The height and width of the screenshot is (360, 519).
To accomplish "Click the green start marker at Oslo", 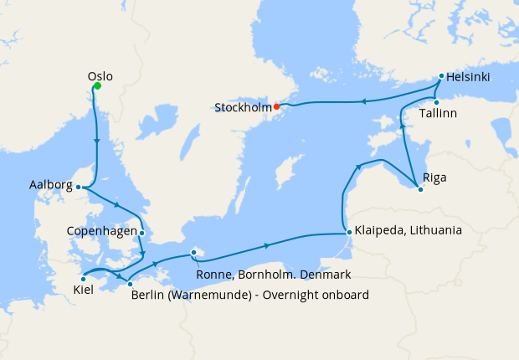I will click(97, 85).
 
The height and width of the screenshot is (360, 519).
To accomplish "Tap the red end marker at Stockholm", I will click(276, 106).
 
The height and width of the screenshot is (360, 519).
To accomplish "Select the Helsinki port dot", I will click(441, 76).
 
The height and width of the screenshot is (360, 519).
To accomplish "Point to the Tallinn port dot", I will click(436, 102).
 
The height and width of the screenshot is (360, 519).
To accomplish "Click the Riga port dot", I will click(420, 188).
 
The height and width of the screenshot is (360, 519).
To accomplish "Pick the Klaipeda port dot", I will click(347, 233).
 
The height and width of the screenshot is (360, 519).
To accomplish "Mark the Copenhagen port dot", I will click(142, 233).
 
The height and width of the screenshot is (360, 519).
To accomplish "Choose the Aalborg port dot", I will click(78, 187).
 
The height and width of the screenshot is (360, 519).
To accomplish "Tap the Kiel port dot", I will click(84, 279).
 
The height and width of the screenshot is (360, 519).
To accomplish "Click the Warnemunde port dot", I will click(130, 285).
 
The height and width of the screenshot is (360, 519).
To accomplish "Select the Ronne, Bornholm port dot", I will click(193, 251).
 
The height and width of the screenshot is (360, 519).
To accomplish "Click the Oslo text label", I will click(100, 76).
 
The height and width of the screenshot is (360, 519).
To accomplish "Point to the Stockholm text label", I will click(244, 107).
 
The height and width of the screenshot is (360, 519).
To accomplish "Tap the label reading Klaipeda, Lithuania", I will click(409, 229).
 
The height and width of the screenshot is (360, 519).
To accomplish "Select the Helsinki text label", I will click(470, 78).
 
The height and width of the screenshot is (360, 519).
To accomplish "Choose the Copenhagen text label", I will click(102, 230).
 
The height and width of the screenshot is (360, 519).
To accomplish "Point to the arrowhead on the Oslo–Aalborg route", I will click(98, 141).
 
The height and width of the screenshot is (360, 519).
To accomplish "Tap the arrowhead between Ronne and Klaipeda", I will click(266, 245).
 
